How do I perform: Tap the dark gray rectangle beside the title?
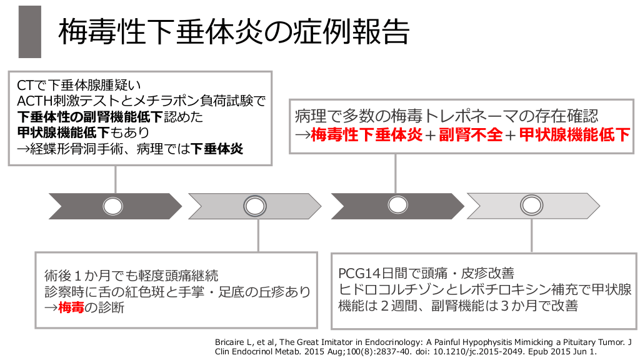[x=30, y=32]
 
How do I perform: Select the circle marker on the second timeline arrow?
[x=254, y=206]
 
